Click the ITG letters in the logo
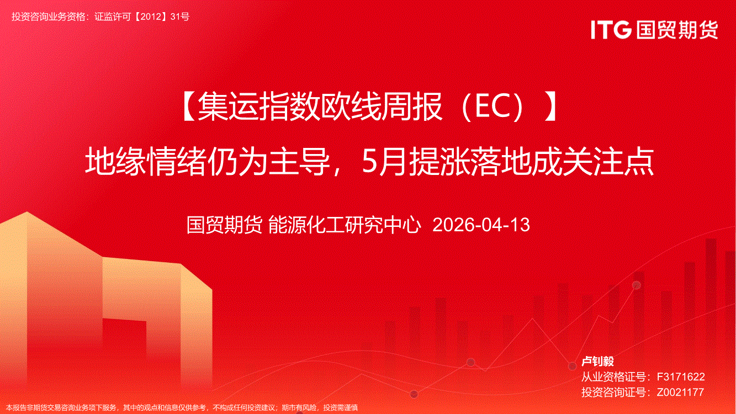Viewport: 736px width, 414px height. [611, 30]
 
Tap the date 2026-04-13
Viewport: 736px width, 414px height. [481, 225]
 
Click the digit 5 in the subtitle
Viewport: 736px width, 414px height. [370, 162]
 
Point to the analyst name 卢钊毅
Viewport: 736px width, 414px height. [597, 362]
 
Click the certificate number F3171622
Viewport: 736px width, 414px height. [681, 376]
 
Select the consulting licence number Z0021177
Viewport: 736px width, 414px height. [680, 392]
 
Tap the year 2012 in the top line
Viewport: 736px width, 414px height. [150, 17]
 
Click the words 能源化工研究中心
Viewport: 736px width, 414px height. [345, 225]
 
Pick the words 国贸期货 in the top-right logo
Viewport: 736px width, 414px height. [677, 30]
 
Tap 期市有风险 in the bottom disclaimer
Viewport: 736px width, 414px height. [300, 407]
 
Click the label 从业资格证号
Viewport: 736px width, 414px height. [613, 376]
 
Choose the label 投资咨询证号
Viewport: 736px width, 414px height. [613, 392]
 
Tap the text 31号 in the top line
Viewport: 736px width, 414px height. [180, 17]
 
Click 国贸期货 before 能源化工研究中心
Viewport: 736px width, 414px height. [224, 225]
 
